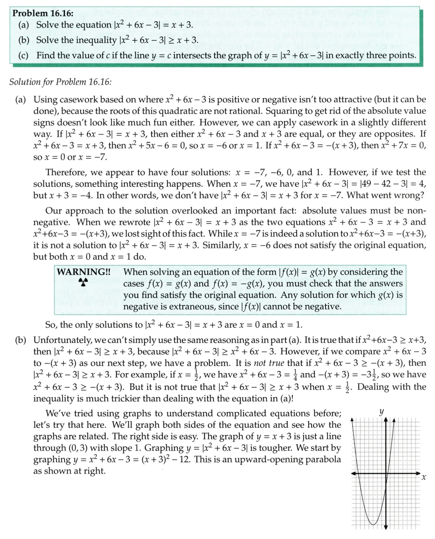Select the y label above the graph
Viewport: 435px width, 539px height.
pos(382,413)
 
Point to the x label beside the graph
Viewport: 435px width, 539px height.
pos(424,477)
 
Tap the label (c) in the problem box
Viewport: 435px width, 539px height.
pos(24,55)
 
